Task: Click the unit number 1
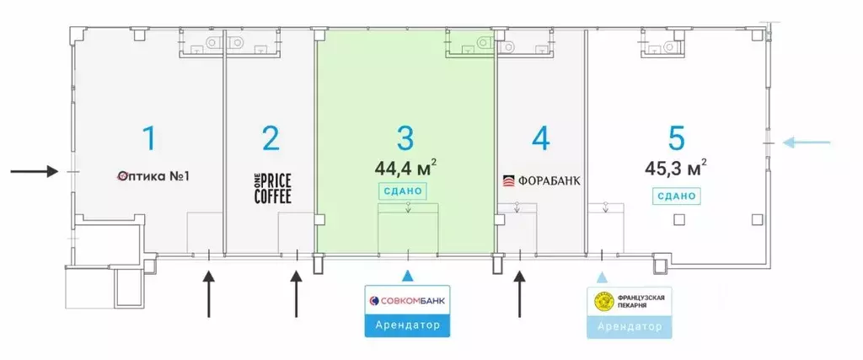click(150, 137)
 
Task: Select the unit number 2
click(271, 137)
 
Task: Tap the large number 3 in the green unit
click(405, 137)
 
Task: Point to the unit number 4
click(541, 137)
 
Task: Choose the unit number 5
click(676, 137)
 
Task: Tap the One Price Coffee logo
click(271, 187)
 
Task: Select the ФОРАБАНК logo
click(541, 180)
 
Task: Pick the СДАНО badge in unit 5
click(675, 196)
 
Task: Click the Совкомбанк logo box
click(408, 301)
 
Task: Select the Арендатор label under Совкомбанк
click(408, 326)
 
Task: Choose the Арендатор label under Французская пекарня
click(630, 326)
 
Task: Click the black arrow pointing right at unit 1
click(34, 172)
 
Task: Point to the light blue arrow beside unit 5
click(807, 142)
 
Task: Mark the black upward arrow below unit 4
click(520, 293)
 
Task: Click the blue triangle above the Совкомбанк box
click(408, 276)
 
